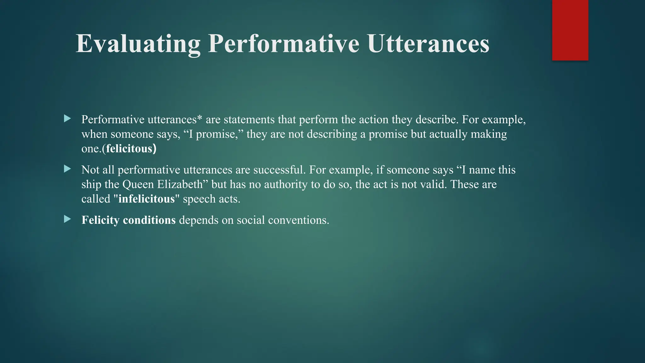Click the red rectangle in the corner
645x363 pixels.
click(570, 30)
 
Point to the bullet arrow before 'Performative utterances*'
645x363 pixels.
click(67, 119)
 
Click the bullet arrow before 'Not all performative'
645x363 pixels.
click(67, 169)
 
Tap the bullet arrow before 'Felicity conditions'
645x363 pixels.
click(67, 219)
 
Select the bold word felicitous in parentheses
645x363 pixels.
click(129, 148)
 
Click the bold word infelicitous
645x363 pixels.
click(146, 199)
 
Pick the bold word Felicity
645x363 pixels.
click(100, 220)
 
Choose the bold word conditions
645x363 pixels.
click(149, 220)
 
